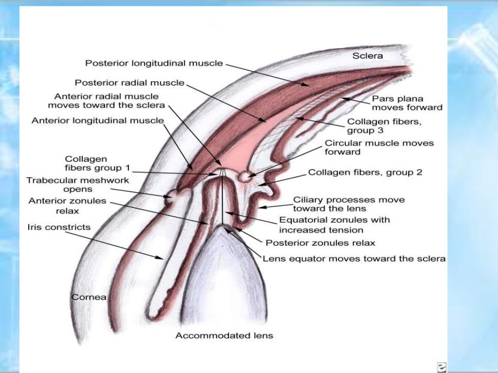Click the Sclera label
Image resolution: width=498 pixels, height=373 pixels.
coord(367,55)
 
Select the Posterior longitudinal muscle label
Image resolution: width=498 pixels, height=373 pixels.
coord(154,63)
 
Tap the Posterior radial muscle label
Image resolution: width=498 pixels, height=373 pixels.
coord(129,83)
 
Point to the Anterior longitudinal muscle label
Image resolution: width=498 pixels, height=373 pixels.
coord(97,120)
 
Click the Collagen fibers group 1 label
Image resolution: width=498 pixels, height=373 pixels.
coord(97,164)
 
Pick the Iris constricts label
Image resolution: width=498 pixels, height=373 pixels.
coord(59,227)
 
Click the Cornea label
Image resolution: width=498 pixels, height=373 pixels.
coord(89,297)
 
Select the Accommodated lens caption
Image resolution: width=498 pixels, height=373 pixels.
coord(224,336)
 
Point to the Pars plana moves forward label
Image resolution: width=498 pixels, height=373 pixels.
coord(407,103)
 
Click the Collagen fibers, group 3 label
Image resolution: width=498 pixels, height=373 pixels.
coord(384,127)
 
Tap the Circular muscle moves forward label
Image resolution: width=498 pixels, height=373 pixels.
coord(379,147)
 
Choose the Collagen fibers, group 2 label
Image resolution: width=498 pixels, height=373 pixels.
coord(365,172)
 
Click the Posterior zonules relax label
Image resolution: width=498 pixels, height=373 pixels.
coord(320,242)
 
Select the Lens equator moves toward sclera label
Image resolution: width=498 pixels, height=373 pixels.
coord(354,259)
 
